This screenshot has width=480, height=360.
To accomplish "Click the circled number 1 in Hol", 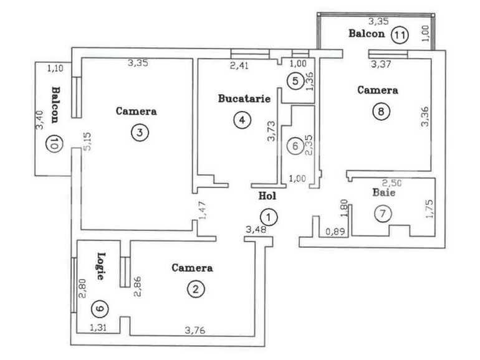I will [x=268, y=217].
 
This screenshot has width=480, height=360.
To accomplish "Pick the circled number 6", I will [x=296, y=146].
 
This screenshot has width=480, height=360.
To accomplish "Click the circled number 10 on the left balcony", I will [x=55, y=144].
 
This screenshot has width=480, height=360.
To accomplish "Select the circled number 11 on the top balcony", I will [x=399, y=35].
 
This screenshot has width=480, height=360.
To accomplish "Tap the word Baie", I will [x=384, y=193].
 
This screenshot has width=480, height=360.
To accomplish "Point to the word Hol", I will [x=266, y=196].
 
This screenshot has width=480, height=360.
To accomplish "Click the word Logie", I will [x=100, y=266].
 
